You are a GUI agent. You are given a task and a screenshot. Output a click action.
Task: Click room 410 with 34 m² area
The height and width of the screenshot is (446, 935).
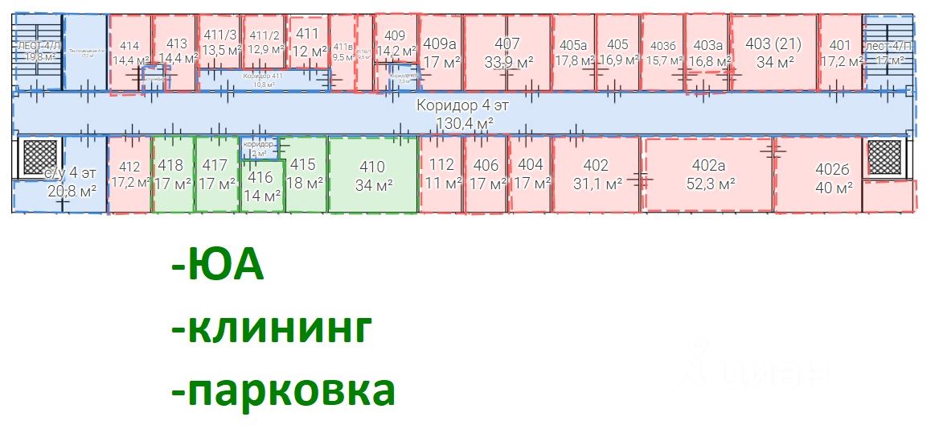pyautogui.click(x=373, y=175)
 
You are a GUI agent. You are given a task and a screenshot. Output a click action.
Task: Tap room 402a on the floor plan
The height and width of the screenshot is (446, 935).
pyautogui.click(x=708, y=175)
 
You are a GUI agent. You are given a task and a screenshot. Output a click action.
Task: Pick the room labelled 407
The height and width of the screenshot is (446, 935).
pyautogui.click(x=507, y=52)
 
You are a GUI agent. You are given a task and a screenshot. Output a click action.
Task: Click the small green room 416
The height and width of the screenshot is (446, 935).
pyautogui.click(x=262, y=185)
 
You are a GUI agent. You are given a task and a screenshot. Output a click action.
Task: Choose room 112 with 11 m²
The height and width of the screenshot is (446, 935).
pyautogui.click(x=441, y=173)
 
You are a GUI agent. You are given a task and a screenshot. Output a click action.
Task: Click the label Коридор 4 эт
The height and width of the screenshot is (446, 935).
pyautogui.click(x=462, y=105)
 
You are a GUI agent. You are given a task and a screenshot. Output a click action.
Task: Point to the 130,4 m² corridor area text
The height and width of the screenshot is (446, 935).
pyautogui.click(x=464, y=122)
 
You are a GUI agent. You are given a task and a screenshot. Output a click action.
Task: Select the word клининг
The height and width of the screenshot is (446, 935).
pyautogui.click(x=273, y=328)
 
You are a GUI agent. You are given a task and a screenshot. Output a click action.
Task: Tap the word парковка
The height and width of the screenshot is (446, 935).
pyautogui.click(x=283, y=390)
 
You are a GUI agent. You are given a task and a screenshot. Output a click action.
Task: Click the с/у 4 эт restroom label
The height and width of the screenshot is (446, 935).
pyautogui.click(x=60, y=174)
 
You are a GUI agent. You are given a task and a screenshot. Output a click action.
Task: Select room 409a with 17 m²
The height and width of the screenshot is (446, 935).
pyautogui.click(x=440, y=52)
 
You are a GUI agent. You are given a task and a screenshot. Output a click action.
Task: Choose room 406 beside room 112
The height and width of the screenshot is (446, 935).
pyautogui.click(x=486, y=173)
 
